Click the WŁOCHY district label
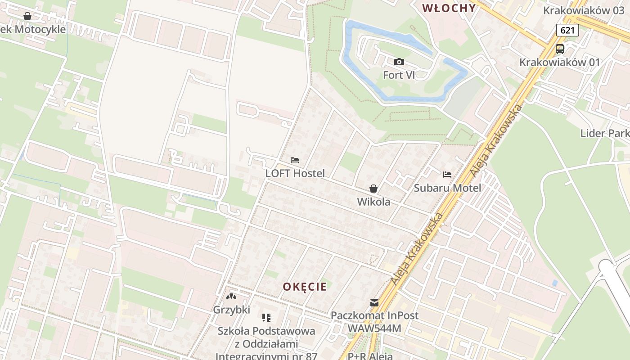coord(449,8)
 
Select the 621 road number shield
coord(567,30)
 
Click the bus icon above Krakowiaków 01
coord(559,49)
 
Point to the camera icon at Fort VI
coord(399,62)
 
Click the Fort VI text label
coord(399,75)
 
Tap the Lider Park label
coord(604,133)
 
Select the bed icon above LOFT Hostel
coord(295,160)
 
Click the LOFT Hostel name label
coord(295,173)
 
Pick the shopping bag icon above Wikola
coord(373,189)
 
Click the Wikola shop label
coord(373,202)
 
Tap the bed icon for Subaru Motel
coord(447,175)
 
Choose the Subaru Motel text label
coord(447,188)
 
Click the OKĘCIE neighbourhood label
coord(305,287)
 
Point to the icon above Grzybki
coord(231,297)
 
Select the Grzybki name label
coord(231,310)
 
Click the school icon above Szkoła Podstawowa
coord(266,318)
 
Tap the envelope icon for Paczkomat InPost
coord(374,303)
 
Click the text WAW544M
coord(374,328)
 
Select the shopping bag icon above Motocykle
coord(27,16)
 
